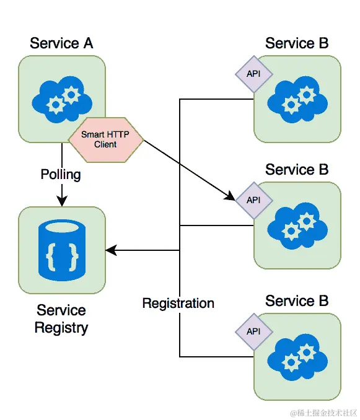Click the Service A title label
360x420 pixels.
point(61,43)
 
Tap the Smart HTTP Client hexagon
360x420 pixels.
point(106,139)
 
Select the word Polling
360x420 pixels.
point(61,175)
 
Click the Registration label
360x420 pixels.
point(178,303)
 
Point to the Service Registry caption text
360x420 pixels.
point(61,319)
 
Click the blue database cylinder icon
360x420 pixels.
point(62,250)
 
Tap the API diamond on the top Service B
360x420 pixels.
point(253,74)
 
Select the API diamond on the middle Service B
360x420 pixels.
point(253,200)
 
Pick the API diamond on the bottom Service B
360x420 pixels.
point(253,331)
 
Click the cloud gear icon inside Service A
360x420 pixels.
point(62,100)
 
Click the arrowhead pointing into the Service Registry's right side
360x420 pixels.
point(111,250)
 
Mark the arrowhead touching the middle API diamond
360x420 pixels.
point(230,196)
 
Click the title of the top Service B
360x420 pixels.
point(297,43)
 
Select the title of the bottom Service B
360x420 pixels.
point(297,301)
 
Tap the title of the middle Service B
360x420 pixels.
point(297,170)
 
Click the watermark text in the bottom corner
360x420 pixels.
point(323,413)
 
